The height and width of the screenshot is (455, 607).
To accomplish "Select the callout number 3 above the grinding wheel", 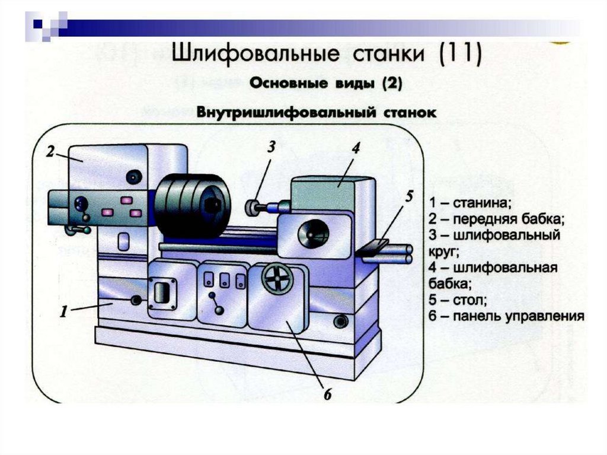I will click(x=271, y=147).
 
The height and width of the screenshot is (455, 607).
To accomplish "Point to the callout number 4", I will click(x=355, y=148).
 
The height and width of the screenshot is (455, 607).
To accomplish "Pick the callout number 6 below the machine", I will click(x=327, y=393).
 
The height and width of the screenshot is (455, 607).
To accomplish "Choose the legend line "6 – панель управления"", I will click(x=507, y=316).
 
